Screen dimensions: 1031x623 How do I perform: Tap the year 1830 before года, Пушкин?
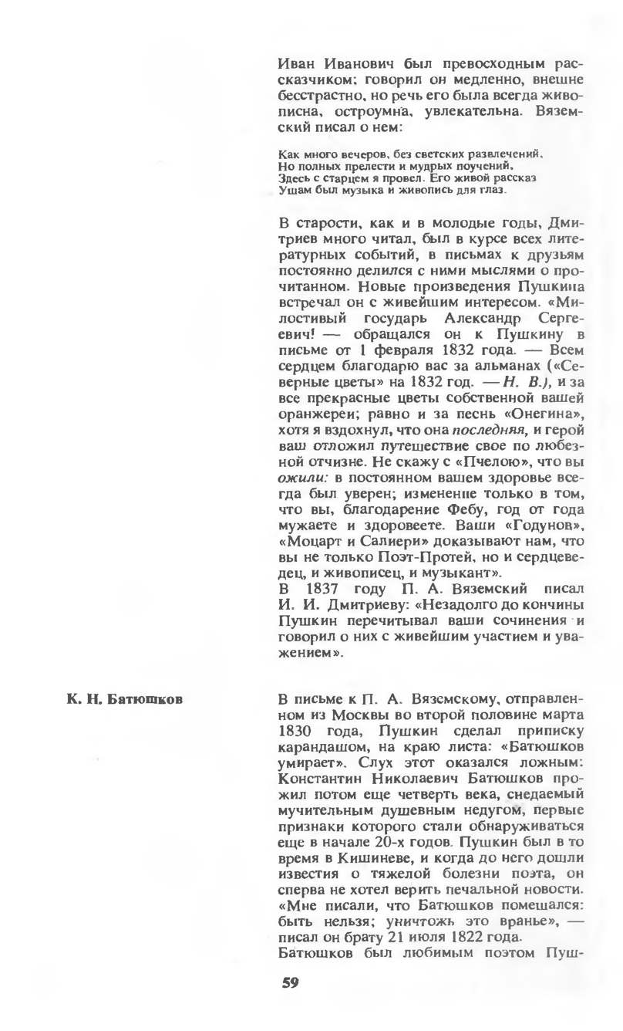pyautogui.click(x=294, y=731)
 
